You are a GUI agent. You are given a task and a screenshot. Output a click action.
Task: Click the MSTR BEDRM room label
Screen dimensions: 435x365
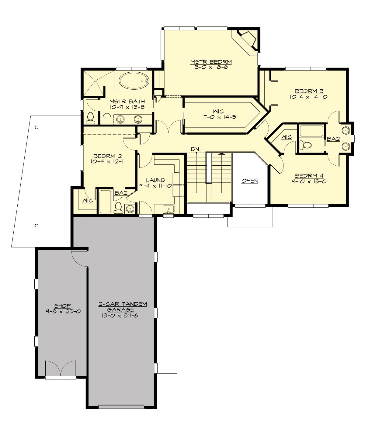pos(211,62)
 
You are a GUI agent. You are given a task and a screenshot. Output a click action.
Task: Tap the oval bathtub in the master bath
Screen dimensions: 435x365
pos(134,81)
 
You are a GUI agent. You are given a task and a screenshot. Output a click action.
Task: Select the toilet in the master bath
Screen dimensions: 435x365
pos(90,119)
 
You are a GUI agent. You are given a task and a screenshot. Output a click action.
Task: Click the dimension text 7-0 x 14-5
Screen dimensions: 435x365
pos(220,117)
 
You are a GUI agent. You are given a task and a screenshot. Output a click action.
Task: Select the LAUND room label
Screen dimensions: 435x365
pos(155,180)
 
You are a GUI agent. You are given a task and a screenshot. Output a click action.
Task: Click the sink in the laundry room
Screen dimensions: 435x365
pos(168,209)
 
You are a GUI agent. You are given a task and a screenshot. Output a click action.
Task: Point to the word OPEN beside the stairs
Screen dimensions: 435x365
pos(249,181)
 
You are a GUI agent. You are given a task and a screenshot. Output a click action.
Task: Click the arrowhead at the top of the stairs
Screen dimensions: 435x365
pos(222,154)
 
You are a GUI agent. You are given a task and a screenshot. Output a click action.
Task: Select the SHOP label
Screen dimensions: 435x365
pos(62,306)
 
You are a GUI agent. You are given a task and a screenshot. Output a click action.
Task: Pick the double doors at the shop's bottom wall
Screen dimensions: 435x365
pos(61,369)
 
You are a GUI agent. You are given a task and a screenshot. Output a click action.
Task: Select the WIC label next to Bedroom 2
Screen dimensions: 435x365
pos(87,201)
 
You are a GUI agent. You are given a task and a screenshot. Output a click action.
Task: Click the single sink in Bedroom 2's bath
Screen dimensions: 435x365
pos(130,209)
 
